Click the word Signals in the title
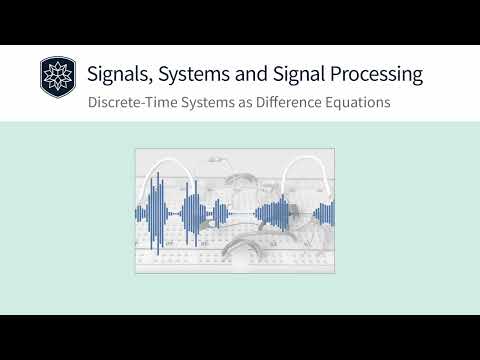[x=119, y=74]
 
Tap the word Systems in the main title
[x=196, y=74]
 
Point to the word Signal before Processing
[x=304, y=74]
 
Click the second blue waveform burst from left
[x=193, y=211]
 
